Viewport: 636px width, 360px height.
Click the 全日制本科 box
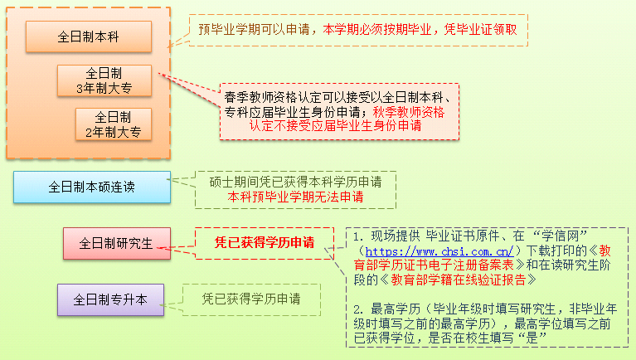pyautogui.click(x=89, y=36)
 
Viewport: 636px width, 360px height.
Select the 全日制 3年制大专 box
pyautogui.click(x=104, y=80)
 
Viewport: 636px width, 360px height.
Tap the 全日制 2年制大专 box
pyautogui.click(x=114, y=124)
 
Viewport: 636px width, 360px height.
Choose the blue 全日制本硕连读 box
pyautogui.click(x=91, y=187)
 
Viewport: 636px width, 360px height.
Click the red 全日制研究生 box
pyautogui.click(x=116, y=243)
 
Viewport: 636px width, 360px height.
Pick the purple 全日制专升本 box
pyautogui.click(x=110, y=299)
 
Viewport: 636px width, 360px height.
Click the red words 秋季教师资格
pyautogui.click(x=410, y=111)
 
